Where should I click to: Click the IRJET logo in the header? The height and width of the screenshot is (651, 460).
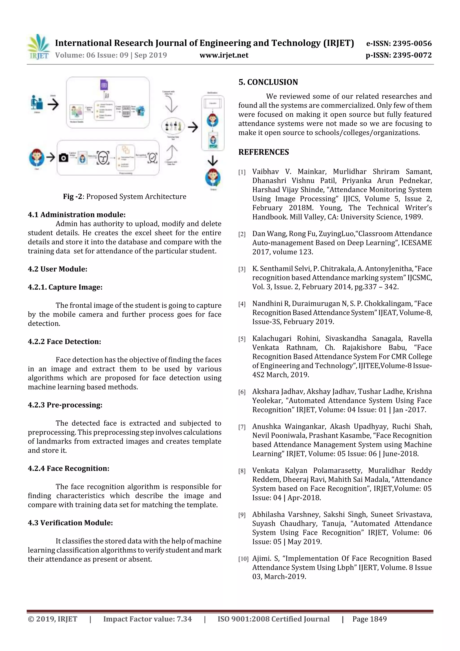(x=38, y=47)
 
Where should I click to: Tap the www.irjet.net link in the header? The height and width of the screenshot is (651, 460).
(x=224, y=55)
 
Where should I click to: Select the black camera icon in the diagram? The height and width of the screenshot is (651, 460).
(x=64, y=158)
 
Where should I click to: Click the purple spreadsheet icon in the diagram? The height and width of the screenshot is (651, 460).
(x=104, y=85)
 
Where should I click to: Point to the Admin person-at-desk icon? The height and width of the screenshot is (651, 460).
(x=37, y=103)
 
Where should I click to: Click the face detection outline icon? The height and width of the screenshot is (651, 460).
(x=103, y=158)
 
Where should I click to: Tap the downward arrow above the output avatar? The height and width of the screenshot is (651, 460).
(x=212, y=161)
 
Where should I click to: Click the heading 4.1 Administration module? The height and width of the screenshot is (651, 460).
(x=77, y=215)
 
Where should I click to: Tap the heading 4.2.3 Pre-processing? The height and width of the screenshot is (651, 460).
(x=65, y=405)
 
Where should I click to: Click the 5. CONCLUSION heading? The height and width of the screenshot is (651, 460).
(x=268, y=82)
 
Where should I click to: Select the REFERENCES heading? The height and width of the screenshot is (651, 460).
(x=264, y=152)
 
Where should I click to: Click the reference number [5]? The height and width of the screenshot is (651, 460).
(x=242, y=339)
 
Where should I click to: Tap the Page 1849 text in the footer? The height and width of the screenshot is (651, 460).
(x=369, y=619)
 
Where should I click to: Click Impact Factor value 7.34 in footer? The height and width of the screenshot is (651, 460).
(x=147, y=619)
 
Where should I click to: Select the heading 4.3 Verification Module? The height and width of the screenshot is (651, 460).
(x=70, y=523)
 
